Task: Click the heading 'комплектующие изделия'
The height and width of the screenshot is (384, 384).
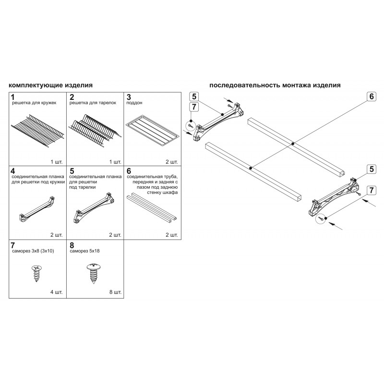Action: [x=50, y=85]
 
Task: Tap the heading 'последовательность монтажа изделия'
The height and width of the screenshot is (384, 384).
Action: [x=275, y=85]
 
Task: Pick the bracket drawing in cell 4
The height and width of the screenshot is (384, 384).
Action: [x=37, y=208]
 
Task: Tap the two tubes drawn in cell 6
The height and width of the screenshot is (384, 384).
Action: [x=151, y=207]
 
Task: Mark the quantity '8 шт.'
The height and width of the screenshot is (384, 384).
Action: [x=115, y=292]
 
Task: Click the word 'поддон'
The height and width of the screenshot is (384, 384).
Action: [x=134, y=103]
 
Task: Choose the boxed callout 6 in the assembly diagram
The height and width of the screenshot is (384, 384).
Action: [x=372, y=96]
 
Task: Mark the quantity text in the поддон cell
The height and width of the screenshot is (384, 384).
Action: [x=171, y=162]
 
